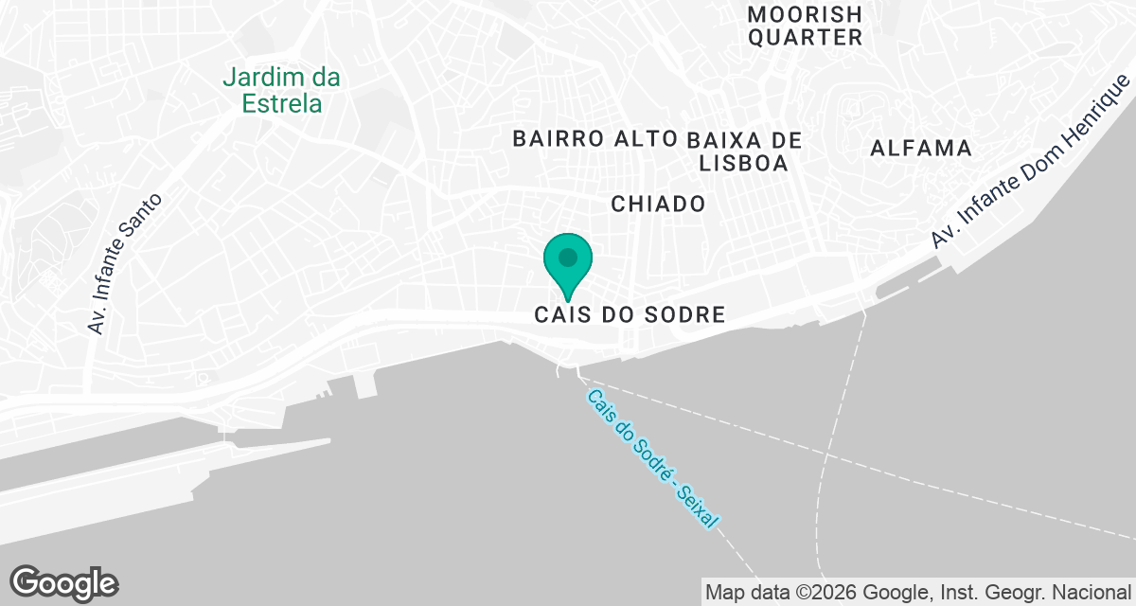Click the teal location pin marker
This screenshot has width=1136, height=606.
[568, 260]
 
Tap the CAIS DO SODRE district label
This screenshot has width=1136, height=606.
[630, 314]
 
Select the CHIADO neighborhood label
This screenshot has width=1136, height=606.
[658, 204]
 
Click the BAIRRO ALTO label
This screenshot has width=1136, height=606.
[595, 138]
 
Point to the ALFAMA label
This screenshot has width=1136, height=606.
[921, 148]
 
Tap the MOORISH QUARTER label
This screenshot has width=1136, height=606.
[805, 27]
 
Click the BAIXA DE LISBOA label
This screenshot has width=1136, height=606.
[747, 151]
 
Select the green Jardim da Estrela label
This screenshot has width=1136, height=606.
[282, 91]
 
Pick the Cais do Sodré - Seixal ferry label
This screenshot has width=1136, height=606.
[652, 458]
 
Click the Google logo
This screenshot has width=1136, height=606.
[63, 583]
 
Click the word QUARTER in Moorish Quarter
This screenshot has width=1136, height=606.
[805, 38]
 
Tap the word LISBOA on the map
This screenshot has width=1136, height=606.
[743, 163]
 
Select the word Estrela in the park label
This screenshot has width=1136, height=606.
[282, 103]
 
